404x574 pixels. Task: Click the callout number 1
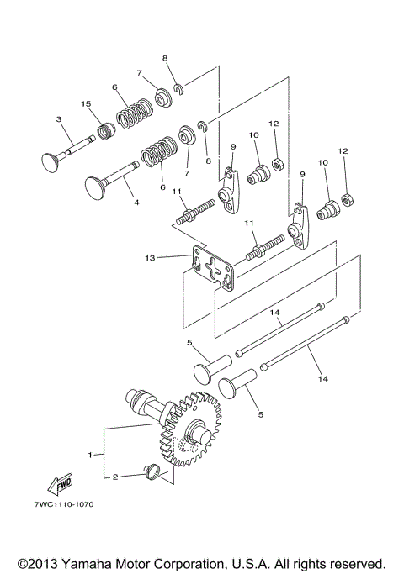click(x=91, y=455)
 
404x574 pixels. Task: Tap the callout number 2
click(x=115, y=477)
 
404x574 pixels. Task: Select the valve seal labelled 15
click(x=105, y=131)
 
